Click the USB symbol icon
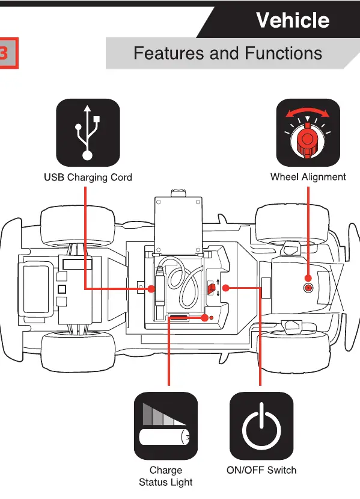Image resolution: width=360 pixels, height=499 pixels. click(88, 132)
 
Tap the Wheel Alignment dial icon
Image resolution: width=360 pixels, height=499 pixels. click(308, 132)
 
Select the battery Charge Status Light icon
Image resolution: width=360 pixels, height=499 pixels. click(165, 426)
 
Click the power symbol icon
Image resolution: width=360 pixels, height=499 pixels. click(261, 426)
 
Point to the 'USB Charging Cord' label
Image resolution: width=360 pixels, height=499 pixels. click(88, 177)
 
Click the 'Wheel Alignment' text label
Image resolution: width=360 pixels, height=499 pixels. click(308, 177)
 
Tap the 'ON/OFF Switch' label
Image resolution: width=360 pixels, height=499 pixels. click(261, 470)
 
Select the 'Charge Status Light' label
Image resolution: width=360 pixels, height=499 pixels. click(165, 476)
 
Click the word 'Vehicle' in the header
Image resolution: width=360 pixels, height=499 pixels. click(293, 20)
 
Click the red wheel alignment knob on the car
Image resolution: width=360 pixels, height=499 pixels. click(308, 288)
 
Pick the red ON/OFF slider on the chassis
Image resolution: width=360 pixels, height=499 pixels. click(212, 288)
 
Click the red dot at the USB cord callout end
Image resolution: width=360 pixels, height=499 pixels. click(151, 289)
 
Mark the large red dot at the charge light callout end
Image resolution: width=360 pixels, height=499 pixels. click(204, 318)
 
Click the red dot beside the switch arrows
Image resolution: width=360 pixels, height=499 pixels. click(225, 288)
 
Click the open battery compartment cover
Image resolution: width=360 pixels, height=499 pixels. click(178, 225)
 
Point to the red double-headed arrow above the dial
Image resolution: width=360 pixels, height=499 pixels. click(308, 113)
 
